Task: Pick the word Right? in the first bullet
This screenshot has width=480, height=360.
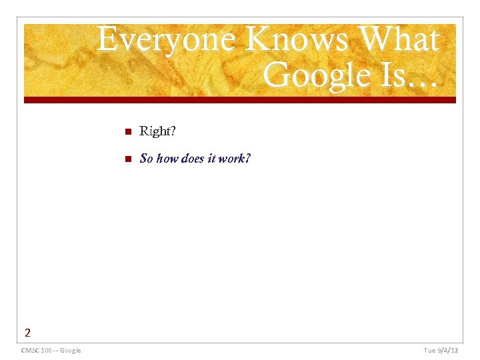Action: point(157,131)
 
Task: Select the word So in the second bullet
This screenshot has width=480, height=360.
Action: point(146,159)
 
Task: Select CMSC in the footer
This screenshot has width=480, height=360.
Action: point(30,351)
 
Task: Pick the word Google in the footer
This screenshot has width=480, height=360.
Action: point(71,351)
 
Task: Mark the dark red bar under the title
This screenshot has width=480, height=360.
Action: point(240,100)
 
